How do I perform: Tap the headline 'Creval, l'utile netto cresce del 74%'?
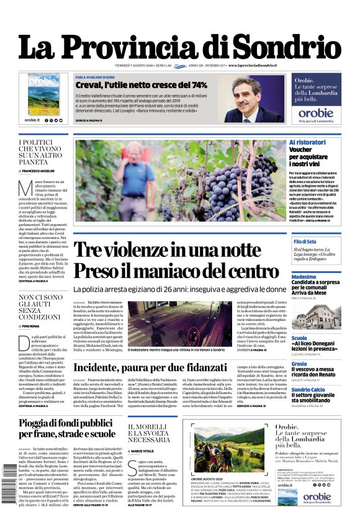pos(141,84)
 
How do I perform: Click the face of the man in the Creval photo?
pos(245,91)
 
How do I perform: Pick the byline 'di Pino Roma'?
pos(30,325)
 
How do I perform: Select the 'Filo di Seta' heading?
pos(305,241)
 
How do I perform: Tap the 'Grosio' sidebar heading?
pos(299,364)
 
